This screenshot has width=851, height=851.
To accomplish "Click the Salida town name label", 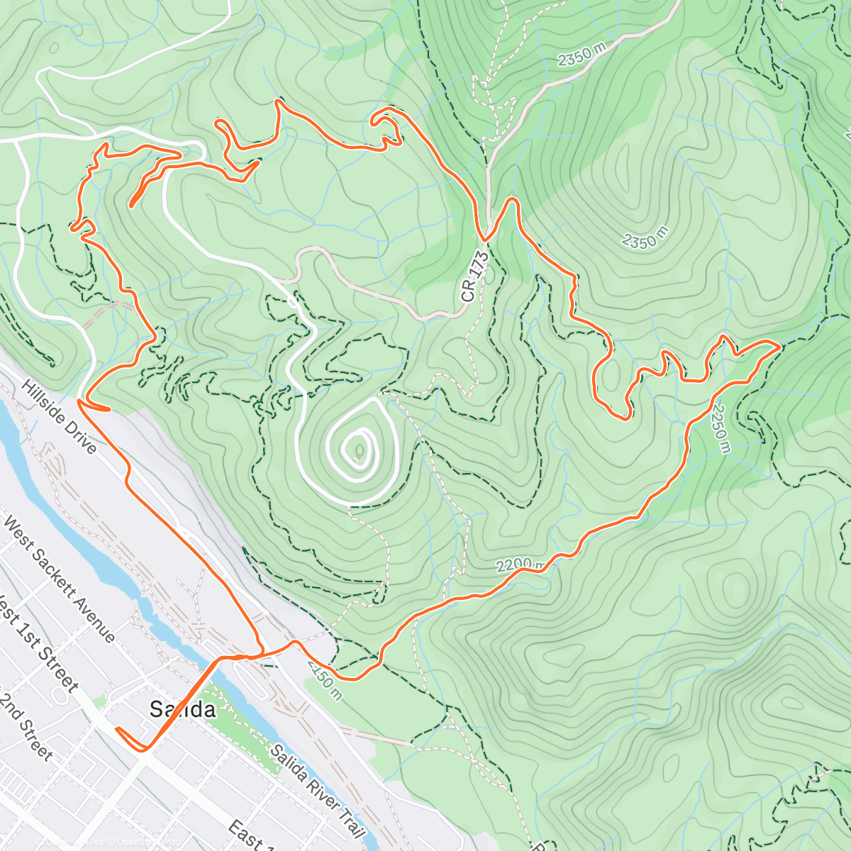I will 182,708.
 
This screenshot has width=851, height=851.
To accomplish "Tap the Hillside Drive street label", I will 59,417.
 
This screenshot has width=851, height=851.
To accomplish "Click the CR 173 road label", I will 476,277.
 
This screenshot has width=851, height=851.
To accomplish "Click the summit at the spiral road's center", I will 358,448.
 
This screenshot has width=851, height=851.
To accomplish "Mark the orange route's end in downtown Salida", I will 117,728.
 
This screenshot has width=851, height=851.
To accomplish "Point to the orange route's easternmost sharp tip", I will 780,345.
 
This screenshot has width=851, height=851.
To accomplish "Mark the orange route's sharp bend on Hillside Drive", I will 80,402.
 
